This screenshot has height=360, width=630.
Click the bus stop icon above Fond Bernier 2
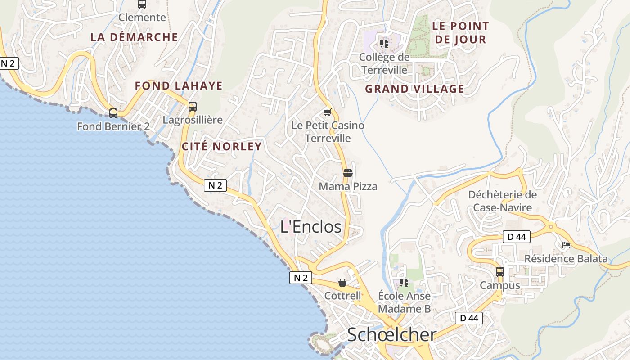pos(113,113)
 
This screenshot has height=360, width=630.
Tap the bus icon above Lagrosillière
pos(193,107)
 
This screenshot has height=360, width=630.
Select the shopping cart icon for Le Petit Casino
pos(327,112)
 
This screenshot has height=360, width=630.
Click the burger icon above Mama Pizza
pos(347,173)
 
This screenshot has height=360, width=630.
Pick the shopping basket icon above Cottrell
pos(342,283)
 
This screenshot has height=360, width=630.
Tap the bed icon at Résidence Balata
pos(566,245)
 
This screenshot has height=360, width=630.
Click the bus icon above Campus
pos(500,272)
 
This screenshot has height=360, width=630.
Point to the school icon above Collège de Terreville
pos(384,44)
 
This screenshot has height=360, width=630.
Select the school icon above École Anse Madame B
pos(404,283)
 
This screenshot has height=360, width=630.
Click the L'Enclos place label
pos(311,227)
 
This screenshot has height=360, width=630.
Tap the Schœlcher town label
pos(391,335)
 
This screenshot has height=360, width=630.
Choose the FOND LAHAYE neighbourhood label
pos(179,86)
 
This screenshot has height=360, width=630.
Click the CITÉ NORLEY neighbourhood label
pos(221,146)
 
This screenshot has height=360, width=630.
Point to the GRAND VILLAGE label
pos(414,89)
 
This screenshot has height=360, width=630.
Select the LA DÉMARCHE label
pos(134,37)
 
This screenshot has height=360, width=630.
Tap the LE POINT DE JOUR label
pos(460,33)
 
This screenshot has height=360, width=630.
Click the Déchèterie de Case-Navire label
pos(502,201)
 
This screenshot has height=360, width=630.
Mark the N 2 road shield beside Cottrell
pos(301,278)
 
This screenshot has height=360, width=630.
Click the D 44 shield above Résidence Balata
pos(516,237)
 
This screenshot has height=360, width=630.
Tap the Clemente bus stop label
pos(142,18)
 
